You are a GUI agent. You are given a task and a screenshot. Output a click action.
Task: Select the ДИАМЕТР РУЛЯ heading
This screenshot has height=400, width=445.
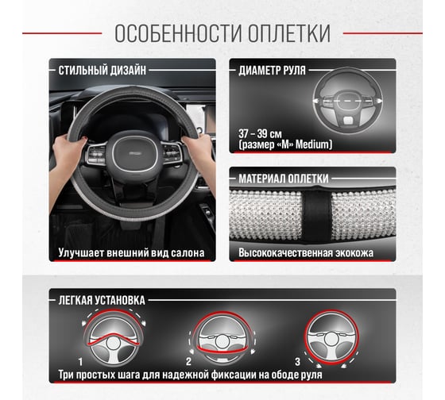[272, 70]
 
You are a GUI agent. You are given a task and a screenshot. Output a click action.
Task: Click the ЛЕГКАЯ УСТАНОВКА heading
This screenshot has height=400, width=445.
[101, 301]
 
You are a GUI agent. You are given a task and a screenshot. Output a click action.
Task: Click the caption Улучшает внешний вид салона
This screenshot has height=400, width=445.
[131, 254]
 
